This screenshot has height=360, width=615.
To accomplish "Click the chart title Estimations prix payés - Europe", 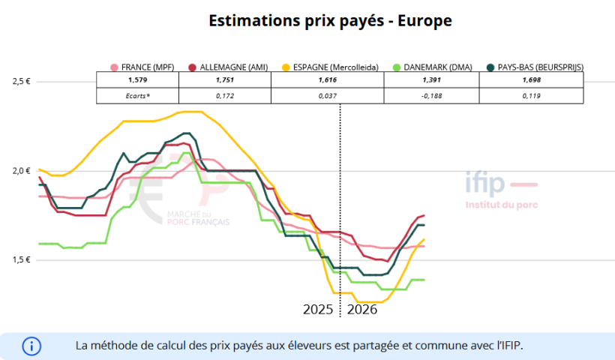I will point(330,21).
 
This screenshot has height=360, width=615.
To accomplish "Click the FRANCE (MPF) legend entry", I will point(142,67).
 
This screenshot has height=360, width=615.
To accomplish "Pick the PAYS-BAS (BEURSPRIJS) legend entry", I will point(534,67).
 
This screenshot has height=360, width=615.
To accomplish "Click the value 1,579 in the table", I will point(138,79).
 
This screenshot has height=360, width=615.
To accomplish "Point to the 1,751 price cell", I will point(225,79).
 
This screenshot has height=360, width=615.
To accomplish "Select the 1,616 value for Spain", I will point(327,79).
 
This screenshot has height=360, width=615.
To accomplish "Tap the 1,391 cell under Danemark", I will point(431,79).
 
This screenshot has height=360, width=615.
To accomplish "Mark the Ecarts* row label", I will point(138,95).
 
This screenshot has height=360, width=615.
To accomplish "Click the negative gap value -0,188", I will point(431,95).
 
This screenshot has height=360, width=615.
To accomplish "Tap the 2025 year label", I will point(318,309).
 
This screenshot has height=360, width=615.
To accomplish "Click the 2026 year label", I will point(362,309).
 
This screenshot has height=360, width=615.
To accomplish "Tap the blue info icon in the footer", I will point(31,346).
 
